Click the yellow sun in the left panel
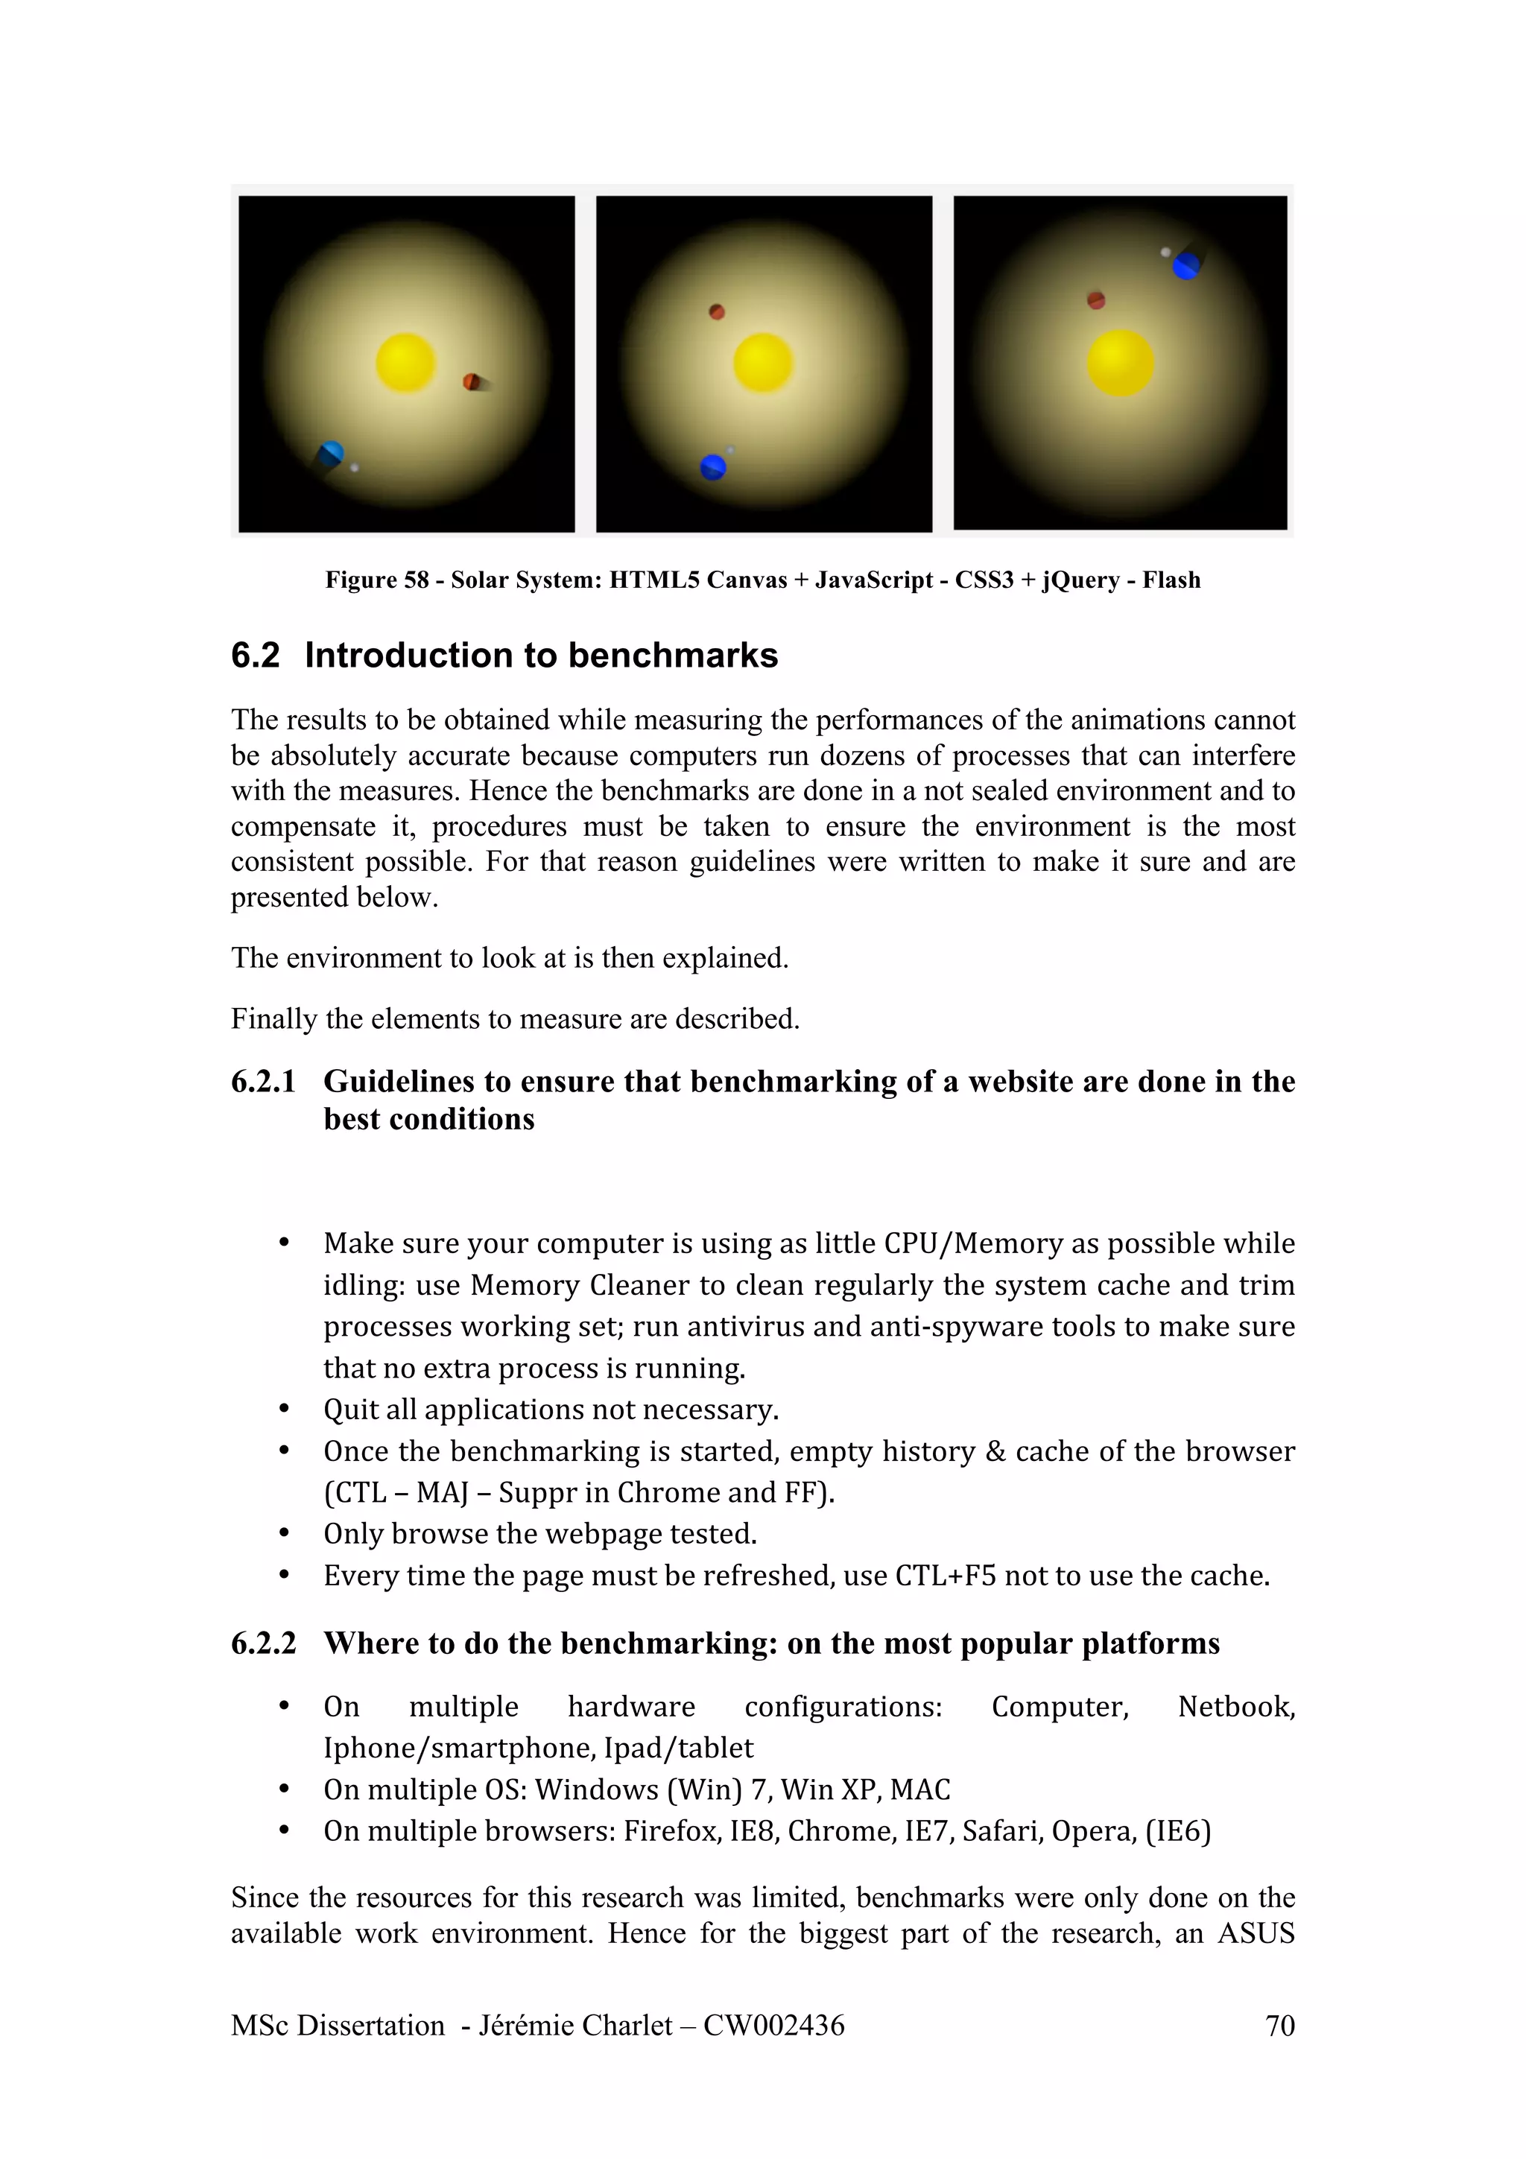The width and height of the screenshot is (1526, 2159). pos(405,362)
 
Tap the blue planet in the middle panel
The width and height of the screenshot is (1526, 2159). pos(712,466)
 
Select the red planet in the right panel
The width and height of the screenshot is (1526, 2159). pos(1095,300)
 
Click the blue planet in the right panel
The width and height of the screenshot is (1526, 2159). pos(1185,265)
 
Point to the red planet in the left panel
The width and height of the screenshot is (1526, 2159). pos(471,381)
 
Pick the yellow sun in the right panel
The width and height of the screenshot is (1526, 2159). pos(1120,363)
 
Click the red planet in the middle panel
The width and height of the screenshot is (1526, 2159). pos(717,312)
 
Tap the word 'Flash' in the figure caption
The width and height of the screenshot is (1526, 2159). pos(1171,580)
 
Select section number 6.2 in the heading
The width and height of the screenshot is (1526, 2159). pos(255,656)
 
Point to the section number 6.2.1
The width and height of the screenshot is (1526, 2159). pos(263,1082)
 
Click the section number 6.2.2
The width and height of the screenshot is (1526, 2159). pos(263,1643)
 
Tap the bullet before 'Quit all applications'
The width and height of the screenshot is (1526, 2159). pos(283,1410)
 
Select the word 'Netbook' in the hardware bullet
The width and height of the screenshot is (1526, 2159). pos(1235,1706)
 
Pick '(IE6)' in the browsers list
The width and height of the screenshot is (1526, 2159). pos(1177,1830)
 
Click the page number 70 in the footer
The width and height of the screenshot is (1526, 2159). pos(1279,2025)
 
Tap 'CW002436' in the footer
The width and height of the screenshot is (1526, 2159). pos(774,2025)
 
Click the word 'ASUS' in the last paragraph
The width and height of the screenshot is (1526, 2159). pos(1256,1933)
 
